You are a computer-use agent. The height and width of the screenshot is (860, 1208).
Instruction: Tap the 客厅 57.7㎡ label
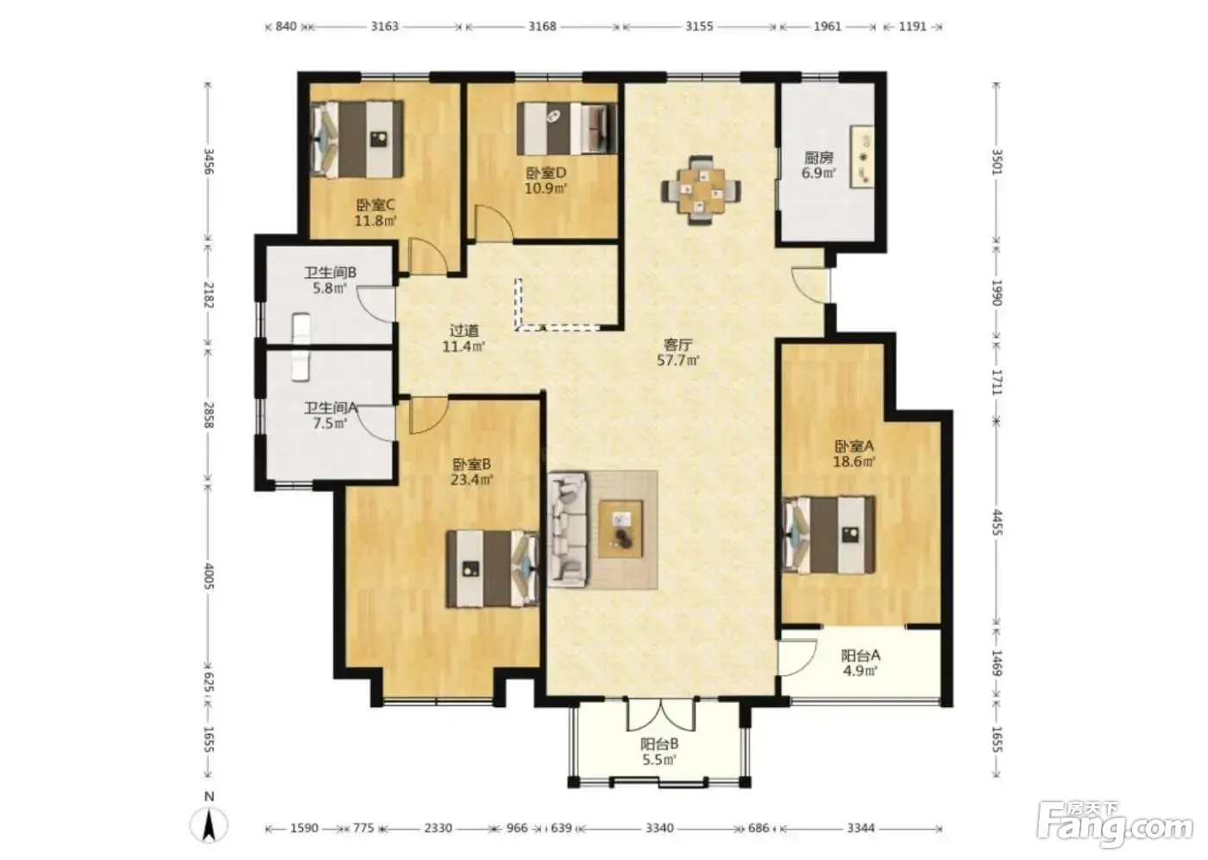click(678, 352)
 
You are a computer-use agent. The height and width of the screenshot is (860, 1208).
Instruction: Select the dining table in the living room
click(701, 191)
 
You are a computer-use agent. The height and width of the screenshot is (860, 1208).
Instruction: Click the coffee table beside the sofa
click(620, 528)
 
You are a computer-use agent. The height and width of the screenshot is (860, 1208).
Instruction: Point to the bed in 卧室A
click(828, 534)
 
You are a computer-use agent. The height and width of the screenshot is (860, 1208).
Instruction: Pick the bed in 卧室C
click(357, 139)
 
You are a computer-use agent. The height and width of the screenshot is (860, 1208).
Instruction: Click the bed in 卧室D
click(567, 129)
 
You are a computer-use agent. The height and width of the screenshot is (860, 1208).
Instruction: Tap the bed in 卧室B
click(493, 569)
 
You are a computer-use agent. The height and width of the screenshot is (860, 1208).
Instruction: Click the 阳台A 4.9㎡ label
click(861, 662)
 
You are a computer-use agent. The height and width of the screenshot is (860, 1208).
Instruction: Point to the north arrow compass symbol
click(209, 825)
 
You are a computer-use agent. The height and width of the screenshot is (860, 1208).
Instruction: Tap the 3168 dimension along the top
click(542, 26)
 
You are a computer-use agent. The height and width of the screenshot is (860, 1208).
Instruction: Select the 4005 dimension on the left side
click(209, 576)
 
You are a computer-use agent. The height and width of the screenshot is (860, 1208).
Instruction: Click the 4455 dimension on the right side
click(997, 522)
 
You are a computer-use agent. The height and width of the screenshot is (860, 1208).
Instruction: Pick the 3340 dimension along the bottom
click(659, 828)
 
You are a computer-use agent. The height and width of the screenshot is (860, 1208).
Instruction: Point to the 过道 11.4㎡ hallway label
click(464, 338)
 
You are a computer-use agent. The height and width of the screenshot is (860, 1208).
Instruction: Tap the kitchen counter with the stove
click(862, 156)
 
